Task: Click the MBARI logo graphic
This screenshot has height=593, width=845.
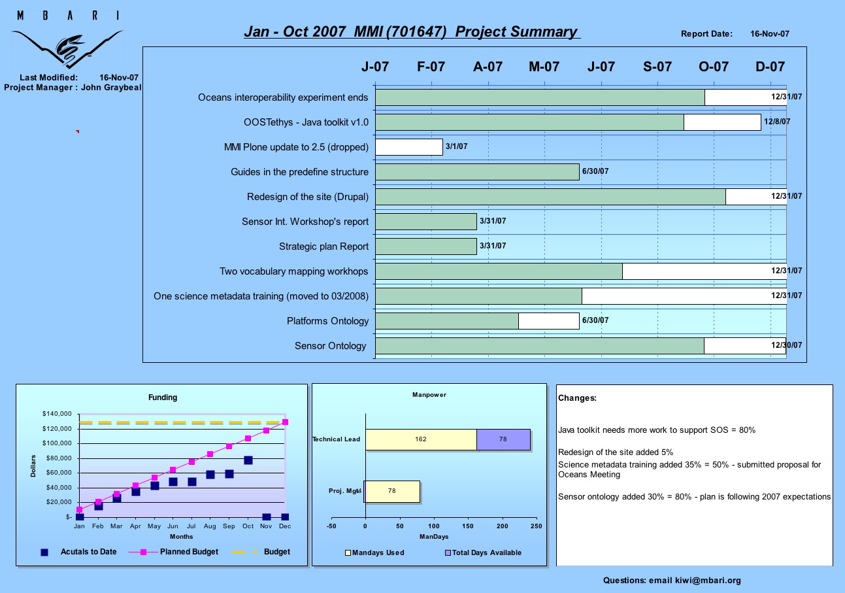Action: pyautogui.click(x=68, y=40)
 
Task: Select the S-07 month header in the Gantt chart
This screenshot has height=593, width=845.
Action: pyautogui.click(x=657, y=67)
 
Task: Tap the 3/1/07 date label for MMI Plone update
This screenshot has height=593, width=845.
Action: pyautogui.click(x=456, y=146)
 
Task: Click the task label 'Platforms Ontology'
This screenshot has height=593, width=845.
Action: pyautogui.click(x=327, y=321)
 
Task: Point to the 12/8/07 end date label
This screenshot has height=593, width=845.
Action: pyautogui.click(x=777, y=122)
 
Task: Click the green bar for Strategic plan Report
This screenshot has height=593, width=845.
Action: pyautogui.click(x=426, y=246)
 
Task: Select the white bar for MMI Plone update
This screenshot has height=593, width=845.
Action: pyautogui.click(x=409, y=147)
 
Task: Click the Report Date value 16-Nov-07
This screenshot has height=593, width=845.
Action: pyautogui.click(x=770, y=34)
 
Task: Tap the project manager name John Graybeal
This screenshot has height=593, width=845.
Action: pyautogui.click(x=111, y=88)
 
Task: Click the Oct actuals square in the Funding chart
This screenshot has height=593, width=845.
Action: pyautogui.click(x=248, y=460)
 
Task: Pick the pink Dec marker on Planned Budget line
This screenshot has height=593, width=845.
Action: pyautogui.click(x=285, y=422)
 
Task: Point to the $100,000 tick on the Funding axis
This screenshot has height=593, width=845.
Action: pyautogui.click(x=57, y=443)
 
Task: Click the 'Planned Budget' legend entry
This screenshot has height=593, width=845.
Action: pyautogui.click(x=174, y=552)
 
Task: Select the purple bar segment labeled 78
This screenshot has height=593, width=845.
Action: pyautogui.click(x=503, y=439)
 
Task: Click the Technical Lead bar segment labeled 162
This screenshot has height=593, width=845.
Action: pyautogui.click(x=421, y=439)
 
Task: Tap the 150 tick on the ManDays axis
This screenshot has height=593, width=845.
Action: pyautogui.click(x=468, y=526)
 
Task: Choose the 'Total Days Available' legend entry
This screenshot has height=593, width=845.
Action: pyautogui.click(x=483, y=552)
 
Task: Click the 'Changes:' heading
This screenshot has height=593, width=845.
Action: pyautogui.click(x=577, y=398)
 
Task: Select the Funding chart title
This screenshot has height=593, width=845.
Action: pyautogui.click(x=163, y=398)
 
